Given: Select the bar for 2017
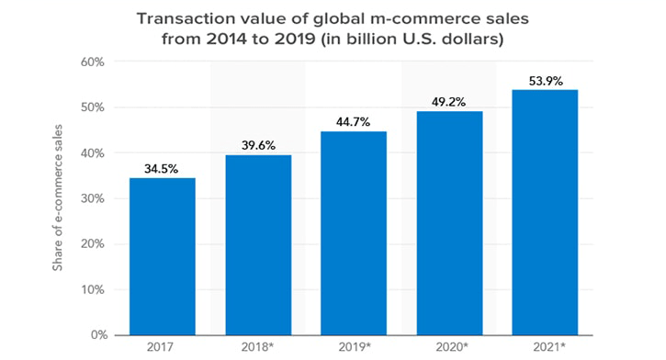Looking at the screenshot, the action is tap(163, 256).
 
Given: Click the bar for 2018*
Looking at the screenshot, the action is tap(258, 245).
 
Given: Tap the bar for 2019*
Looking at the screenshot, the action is tap(354, 233).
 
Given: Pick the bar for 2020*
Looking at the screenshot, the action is tap(449, 223).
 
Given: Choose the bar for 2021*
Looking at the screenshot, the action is tap(545, 212).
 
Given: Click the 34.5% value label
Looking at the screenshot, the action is tap(161, 169).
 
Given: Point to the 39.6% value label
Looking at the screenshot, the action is tap(258, 146).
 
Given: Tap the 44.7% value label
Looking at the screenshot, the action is tap(353, 122).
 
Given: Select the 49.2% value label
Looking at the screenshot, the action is tap(448, 102).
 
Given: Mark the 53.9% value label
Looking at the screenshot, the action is tap(546, 81).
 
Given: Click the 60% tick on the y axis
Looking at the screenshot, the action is tap(92, 62).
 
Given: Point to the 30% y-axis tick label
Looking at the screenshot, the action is tap(92, 198).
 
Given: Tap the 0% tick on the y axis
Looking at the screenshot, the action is tap(99, 335).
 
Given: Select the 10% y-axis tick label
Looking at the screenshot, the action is tap(93, 290).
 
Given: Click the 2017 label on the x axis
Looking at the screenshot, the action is tap(160, 347).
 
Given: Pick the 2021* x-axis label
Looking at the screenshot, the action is tap(549, 347).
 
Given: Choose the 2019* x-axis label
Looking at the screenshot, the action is tap(355, 347).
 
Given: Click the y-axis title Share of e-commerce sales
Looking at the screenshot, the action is tap(57, 197).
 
